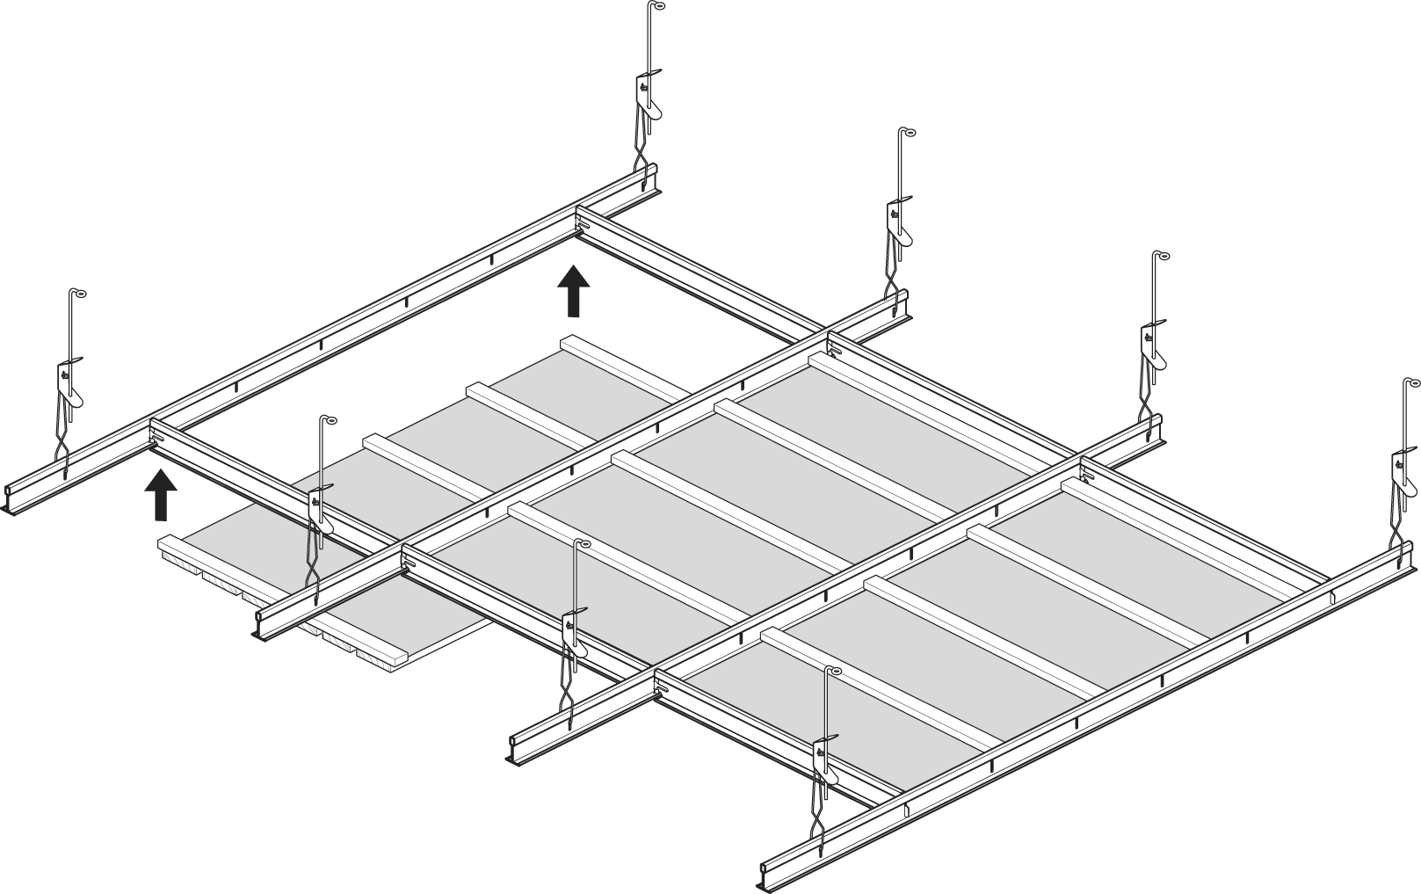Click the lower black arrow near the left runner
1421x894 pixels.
[160, 496]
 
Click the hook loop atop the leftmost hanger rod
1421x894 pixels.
[81, 294]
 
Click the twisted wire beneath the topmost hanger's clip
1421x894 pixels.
[646, 154]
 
